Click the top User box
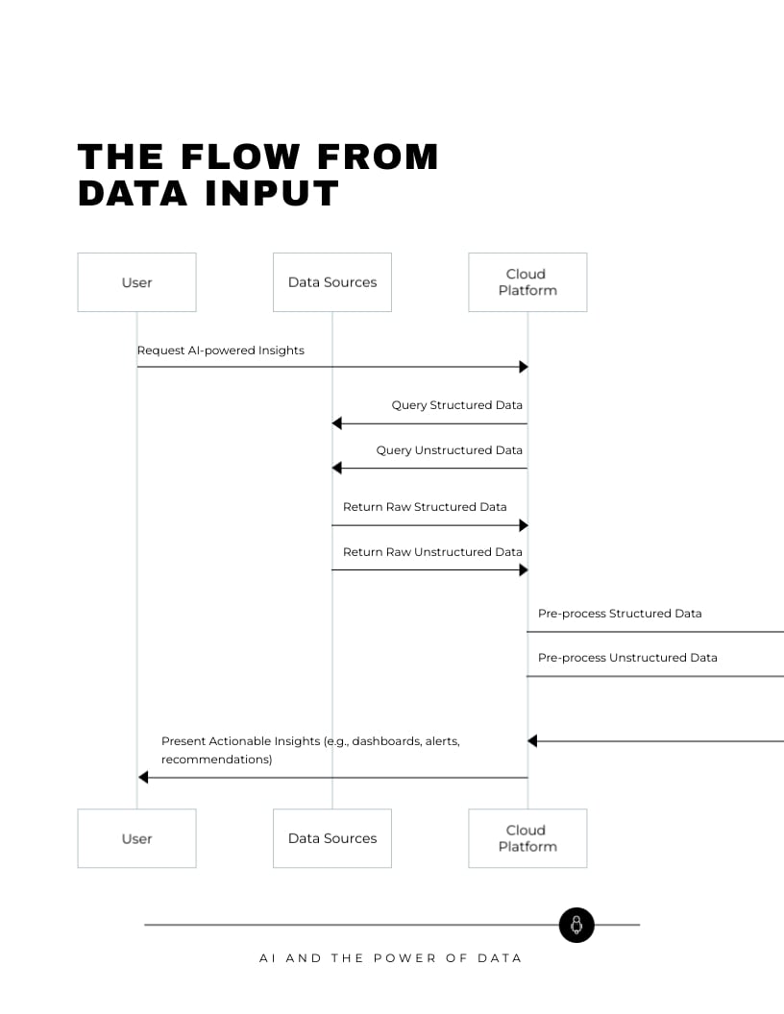pos(136,282)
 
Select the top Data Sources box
pos(332,282)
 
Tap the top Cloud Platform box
pos(527,282)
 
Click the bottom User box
pos(136,838)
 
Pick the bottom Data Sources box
pos(332,838)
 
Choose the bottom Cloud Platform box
pos(527,838)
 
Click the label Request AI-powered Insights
pos(220,350)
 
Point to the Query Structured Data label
pos(456,405)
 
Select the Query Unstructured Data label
pos(449,450)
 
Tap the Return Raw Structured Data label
pos(425,507)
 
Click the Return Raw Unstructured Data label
pos(432,552)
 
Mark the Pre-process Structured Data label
pos(620,614)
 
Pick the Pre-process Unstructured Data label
pos(627,658)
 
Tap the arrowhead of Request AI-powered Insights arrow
pos(524,367)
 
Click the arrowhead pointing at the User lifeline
pos(143,777)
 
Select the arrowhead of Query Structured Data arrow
pos(336,423)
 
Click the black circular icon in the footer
pos(576,925)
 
